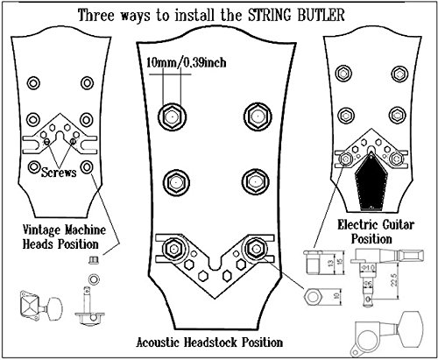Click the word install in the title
pyautogui.click(x=194, y=15)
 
